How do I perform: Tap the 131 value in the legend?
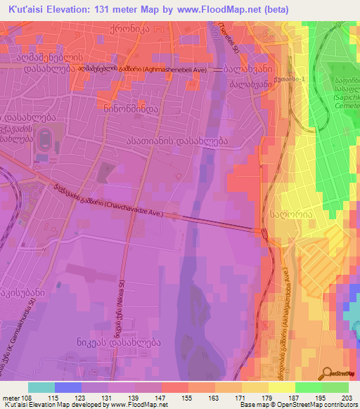point(108,398)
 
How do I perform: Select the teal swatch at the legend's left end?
point(42,387)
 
